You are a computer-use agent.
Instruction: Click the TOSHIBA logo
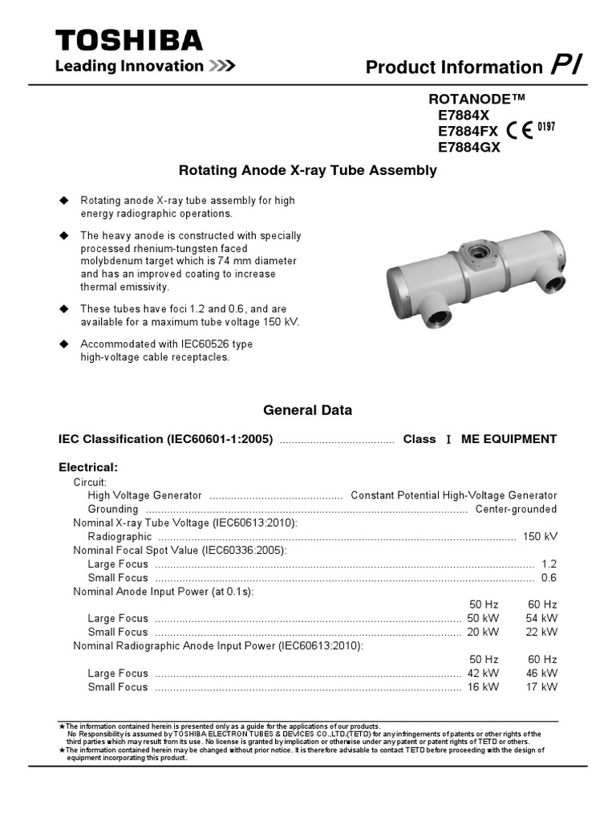pos(128,41)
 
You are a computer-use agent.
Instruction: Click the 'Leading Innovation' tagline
pos(128,67)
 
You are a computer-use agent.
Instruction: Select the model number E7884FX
pos(468,132)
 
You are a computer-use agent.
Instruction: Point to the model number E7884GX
pos(468,147)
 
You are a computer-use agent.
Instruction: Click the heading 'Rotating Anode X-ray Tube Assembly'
pos(306,170)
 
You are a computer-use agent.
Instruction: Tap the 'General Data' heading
pos(307,410)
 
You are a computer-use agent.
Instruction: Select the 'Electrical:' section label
pos(88,466)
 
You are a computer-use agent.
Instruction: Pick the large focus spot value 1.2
pos(549,564)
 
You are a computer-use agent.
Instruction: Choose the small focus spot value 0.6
pos(549,578)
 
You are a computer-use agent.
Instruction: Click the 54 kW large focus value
pos(541,618)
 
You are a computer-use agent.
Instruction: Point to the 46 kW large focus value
pos(541,673)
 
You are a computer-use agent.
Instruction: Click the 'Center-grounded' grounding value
pos(516,510)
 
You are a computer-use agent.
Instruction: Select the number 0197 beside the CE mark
pos(546,127)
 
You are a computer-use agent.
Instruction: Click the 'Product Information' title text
pos(454,68)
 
